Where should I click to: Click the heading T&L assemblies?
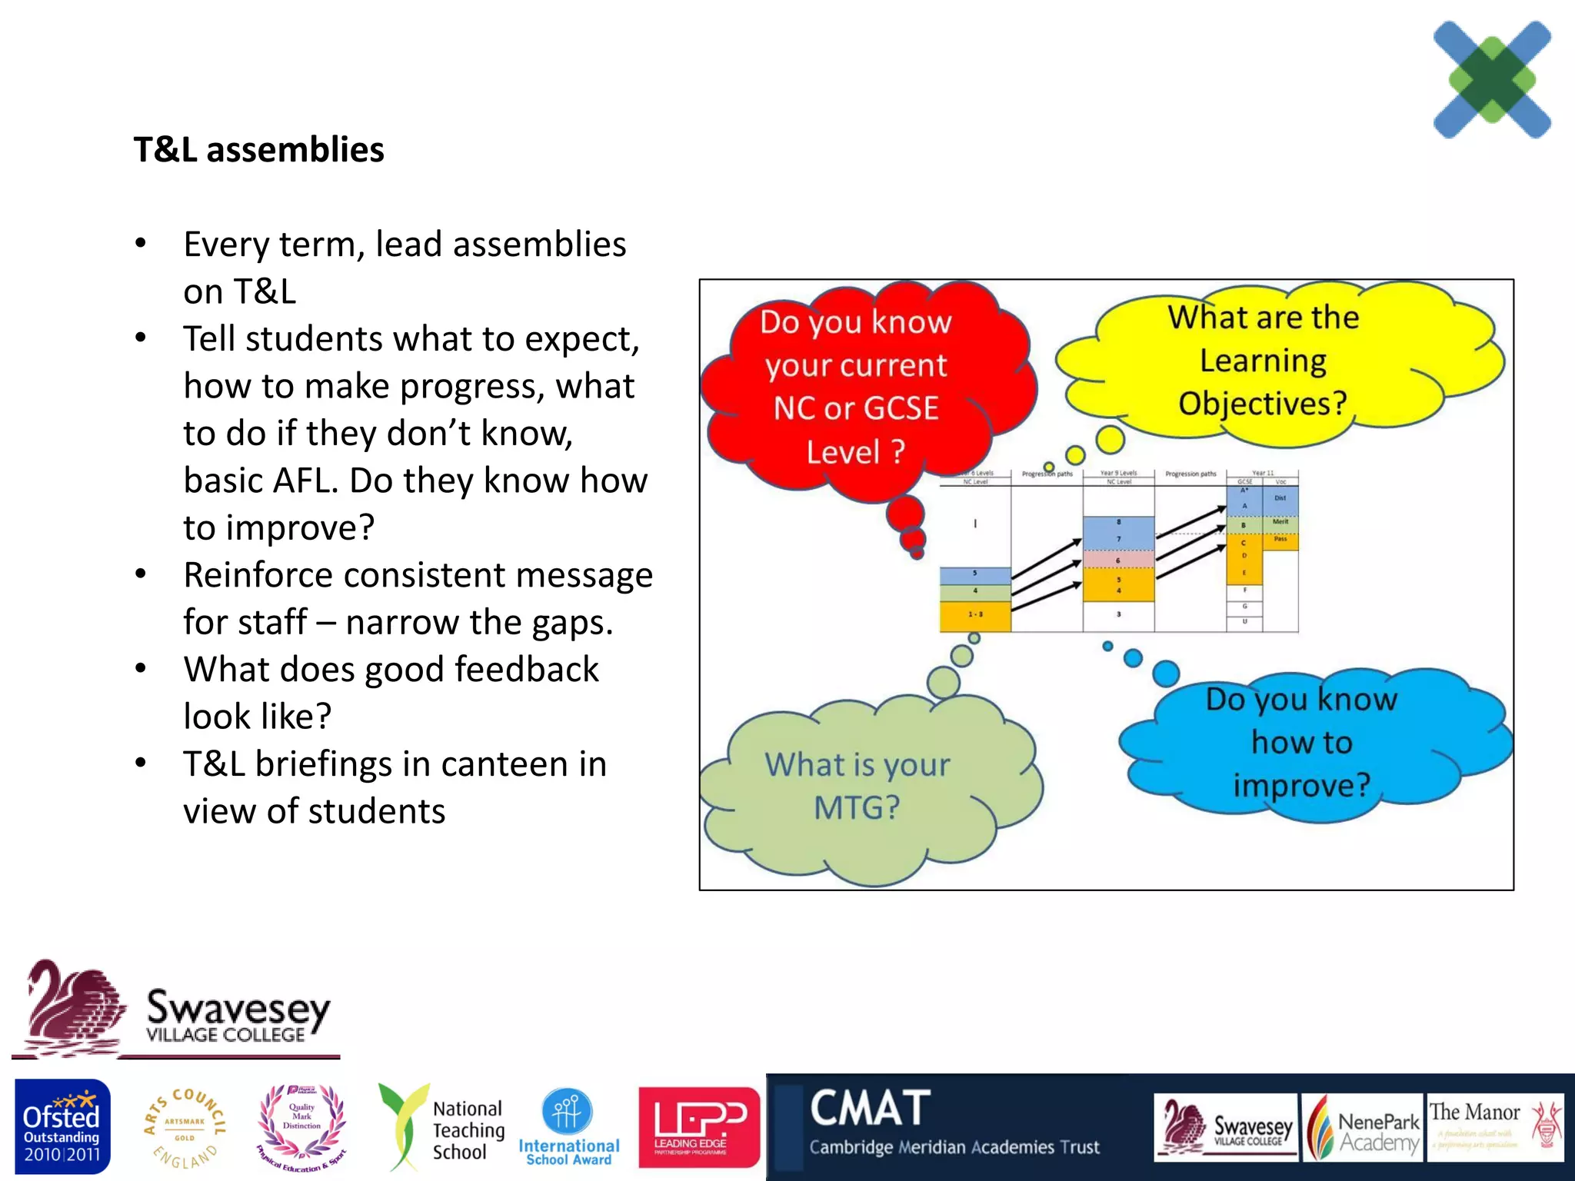258,149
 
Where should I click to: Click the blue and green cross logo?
1491,80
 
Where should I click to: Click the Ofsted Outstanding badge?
62,1126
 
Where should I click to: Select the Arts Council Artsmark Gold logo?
185,1127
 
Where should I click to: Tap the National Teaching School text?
468,1129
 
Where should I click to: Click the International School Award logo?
568,1126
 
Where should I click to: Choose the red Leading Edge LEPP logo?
698,1126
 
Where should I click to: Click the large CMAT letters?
870,1108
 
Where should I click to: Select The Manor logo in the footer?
1494,1127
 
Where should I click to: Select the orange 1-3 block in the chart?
974,615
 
